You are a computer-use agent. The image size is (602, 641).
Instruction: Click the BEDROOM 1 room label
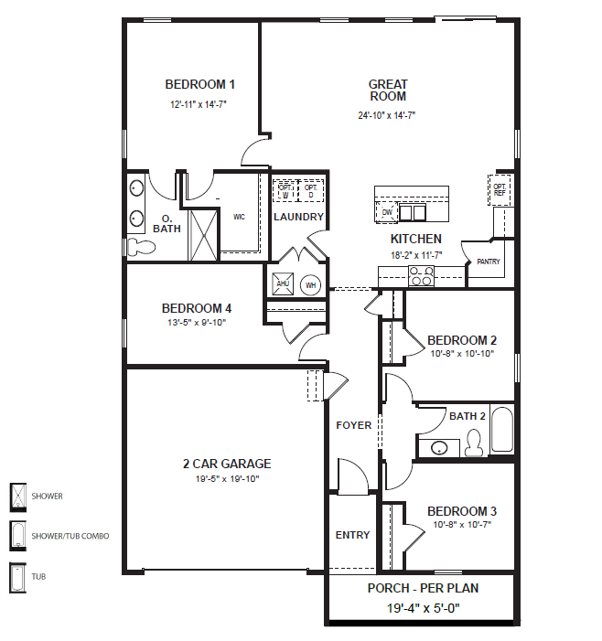[x=193, y=85]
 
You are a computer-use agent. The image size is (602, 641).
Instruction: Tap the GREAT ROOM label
[x=388, y=90]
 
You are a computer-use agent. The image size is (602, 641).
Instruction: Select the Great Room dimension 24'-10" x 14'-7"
[x=388, y=116]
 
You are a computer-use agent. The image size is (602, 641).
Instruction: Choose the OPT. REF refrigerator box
[x=500, y=189]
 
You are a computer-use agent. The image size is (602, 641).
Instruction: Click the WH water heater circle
[x=310, y=284]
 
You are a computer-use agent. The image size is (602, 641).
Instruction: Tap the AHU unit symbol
[x=283, y=283]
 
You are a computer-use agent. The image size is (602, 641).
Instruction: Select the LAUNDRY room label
[x=298, y=217]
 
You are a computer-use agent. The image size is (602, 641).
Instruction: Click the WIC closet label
[x=239, y=217]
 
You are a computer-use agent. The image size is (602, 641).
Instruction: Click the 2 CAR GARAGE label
[x=227, y=464]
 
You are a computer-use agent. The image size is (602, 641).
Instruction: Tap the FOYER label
[x=353, y=425]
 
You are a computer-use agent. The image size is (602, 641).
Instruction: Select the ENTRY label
[x=352, y=535]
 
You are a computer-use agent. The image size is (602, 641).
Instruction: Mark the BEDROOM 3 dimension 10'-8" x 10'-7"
[x=461, y=524]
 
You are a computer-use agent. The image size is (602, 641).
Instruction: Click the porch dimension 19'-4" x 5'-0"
[x=423, y=606]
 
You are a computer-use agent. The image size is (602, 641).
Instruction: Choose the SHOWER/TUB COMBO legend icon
[x=17, y=535]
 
